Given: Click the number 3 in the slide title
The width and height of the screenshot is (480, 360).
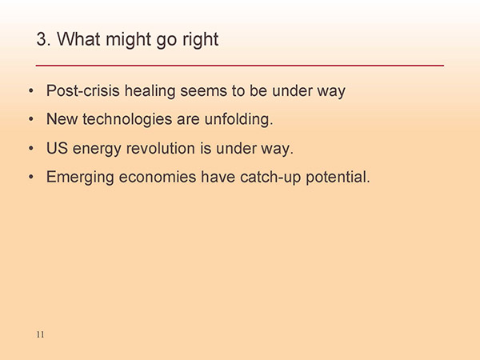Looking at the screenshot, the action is click(x=42, y=39).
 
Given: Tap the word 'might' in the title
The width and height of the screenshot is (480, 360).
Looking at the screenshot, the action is click(x=128, y=41).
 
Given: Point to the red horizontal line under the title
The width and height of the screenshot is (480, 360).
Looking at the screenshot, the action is click(x=240, y=66).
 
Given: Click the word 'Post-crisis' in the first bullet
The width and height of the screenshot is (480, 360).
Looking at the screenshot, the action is click(x=82, y=90).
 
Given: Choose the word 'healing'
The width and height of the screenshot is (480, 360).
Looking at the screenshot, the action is click(x=150, y=91).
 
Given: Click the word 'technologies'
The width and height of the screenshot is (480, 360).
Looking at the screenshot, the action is click(x=127, y=120).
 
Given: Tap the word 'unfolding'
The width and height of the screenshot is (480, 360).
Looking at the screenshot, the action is click(x=238, y=119).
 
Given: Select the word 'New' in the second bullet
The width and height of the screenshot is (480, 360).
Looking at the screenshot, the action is click(x=62, y=119).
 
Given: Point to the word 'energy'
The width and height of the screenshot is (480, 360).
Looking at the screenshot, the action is click(x=97, y=150).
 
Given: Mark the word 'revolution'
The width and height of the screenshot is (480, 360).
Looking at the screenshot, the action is click(x=161, y=149).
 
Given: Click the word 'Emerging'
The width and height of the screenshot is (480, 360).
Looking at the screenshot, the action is click(x=80, y=178).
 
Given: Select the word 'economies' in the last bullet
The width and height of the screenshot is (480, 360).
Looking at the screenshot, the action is click(x=158, y=178).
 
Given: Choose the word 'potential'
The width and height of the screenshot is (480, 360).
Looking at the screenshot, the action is click(x=338, y=178).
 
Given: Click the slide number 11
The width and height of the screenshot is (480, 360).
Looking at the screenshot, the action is click(x=40, y=334).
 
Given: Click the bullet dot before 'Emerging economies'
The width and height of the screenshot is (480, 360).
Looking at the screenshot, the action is click(x=31, y=177).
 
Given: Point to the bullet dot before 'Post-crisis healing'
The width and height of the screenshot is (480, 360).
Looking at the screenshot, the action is click(x=31, y=90).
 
